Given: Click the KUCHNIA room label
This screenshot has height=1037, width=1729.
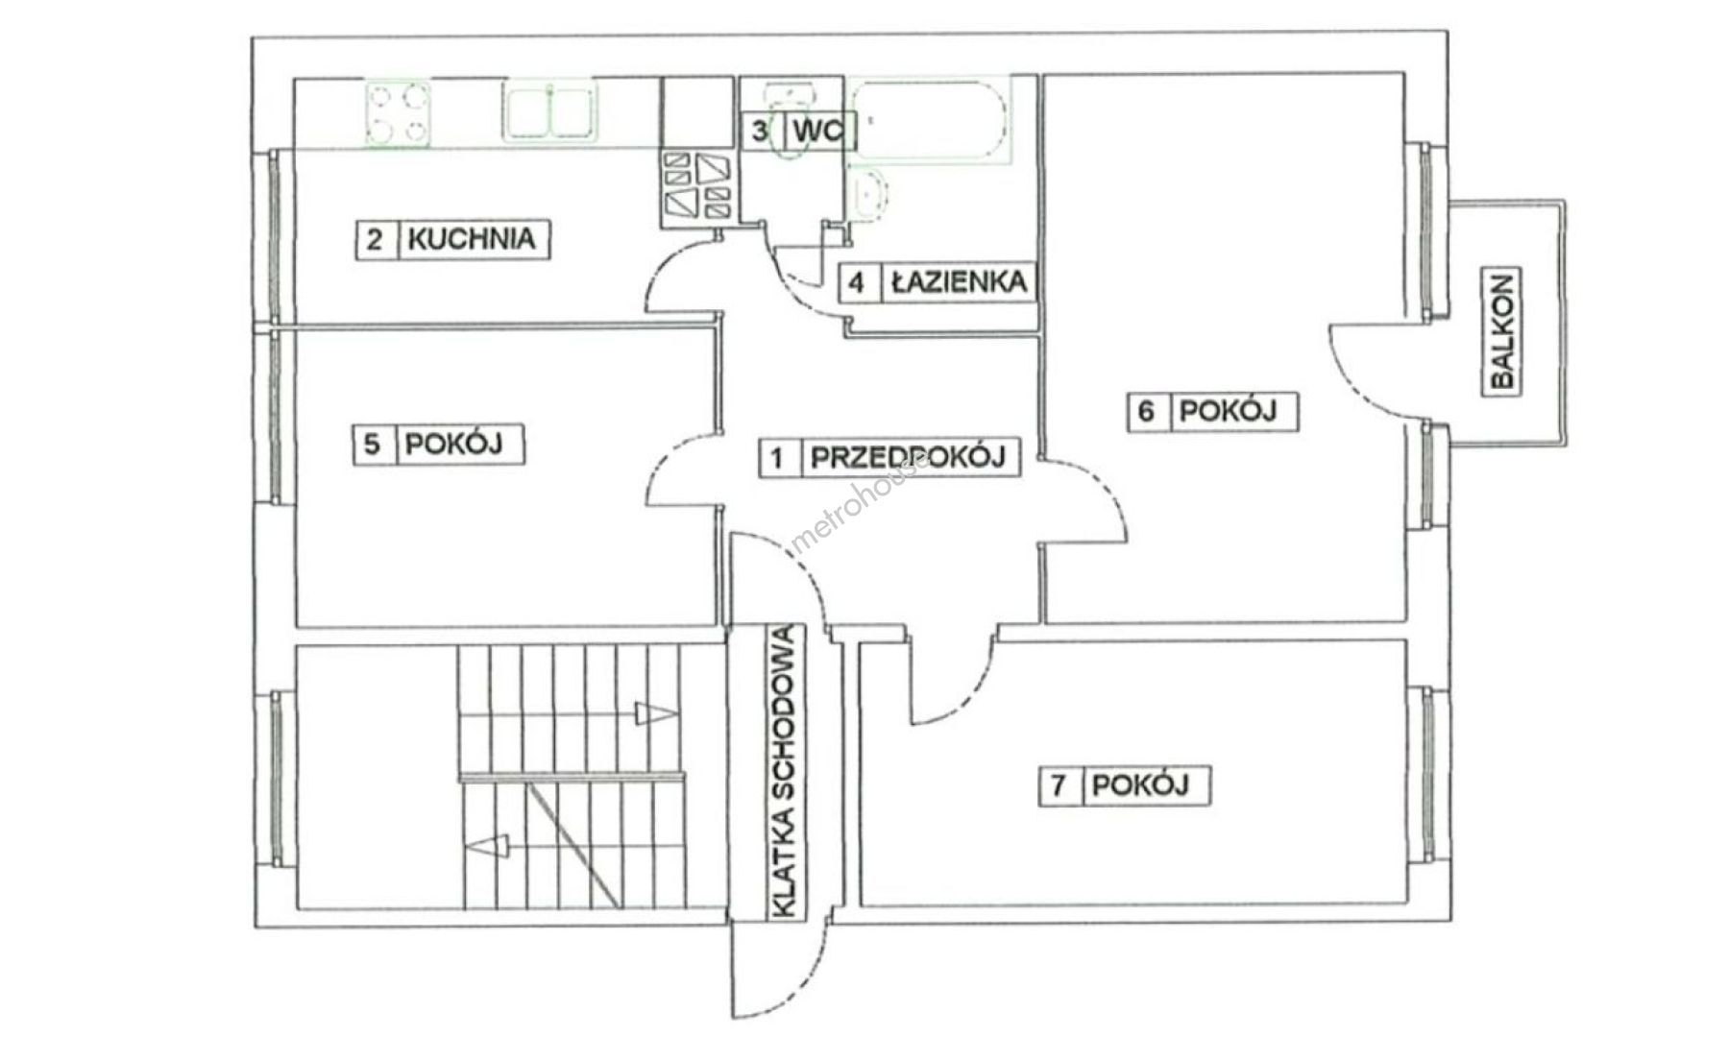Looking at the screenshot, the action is click(471, 238).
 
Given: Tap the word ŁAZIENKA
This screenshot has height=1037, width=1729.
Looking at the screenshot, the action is click(959, 282).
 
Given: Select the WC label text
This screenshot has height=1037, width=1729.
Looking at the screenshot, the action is click(816, 130).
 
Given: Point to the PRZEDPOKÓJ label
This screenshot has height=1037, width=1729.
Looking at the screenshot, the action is click(908, 457).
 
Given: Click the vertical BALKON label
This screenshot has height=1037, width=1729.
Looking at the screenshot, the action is click(1502, 331).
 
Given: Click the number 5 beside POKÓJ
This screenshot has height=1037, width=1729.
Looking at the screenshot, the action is click(374, 445).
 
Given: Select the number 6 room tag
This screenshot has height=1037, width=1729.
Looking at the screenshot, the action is click(1146, 411).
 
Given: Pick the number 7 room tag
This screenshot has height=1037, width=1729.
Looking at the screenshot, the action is click(1059, 785).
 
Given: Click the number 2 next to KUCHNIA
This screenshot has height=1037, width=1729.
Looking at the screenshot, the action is click(376, 238).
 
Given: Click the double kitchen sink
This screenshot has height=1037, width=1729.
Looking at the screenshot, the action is click(548, 111).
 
